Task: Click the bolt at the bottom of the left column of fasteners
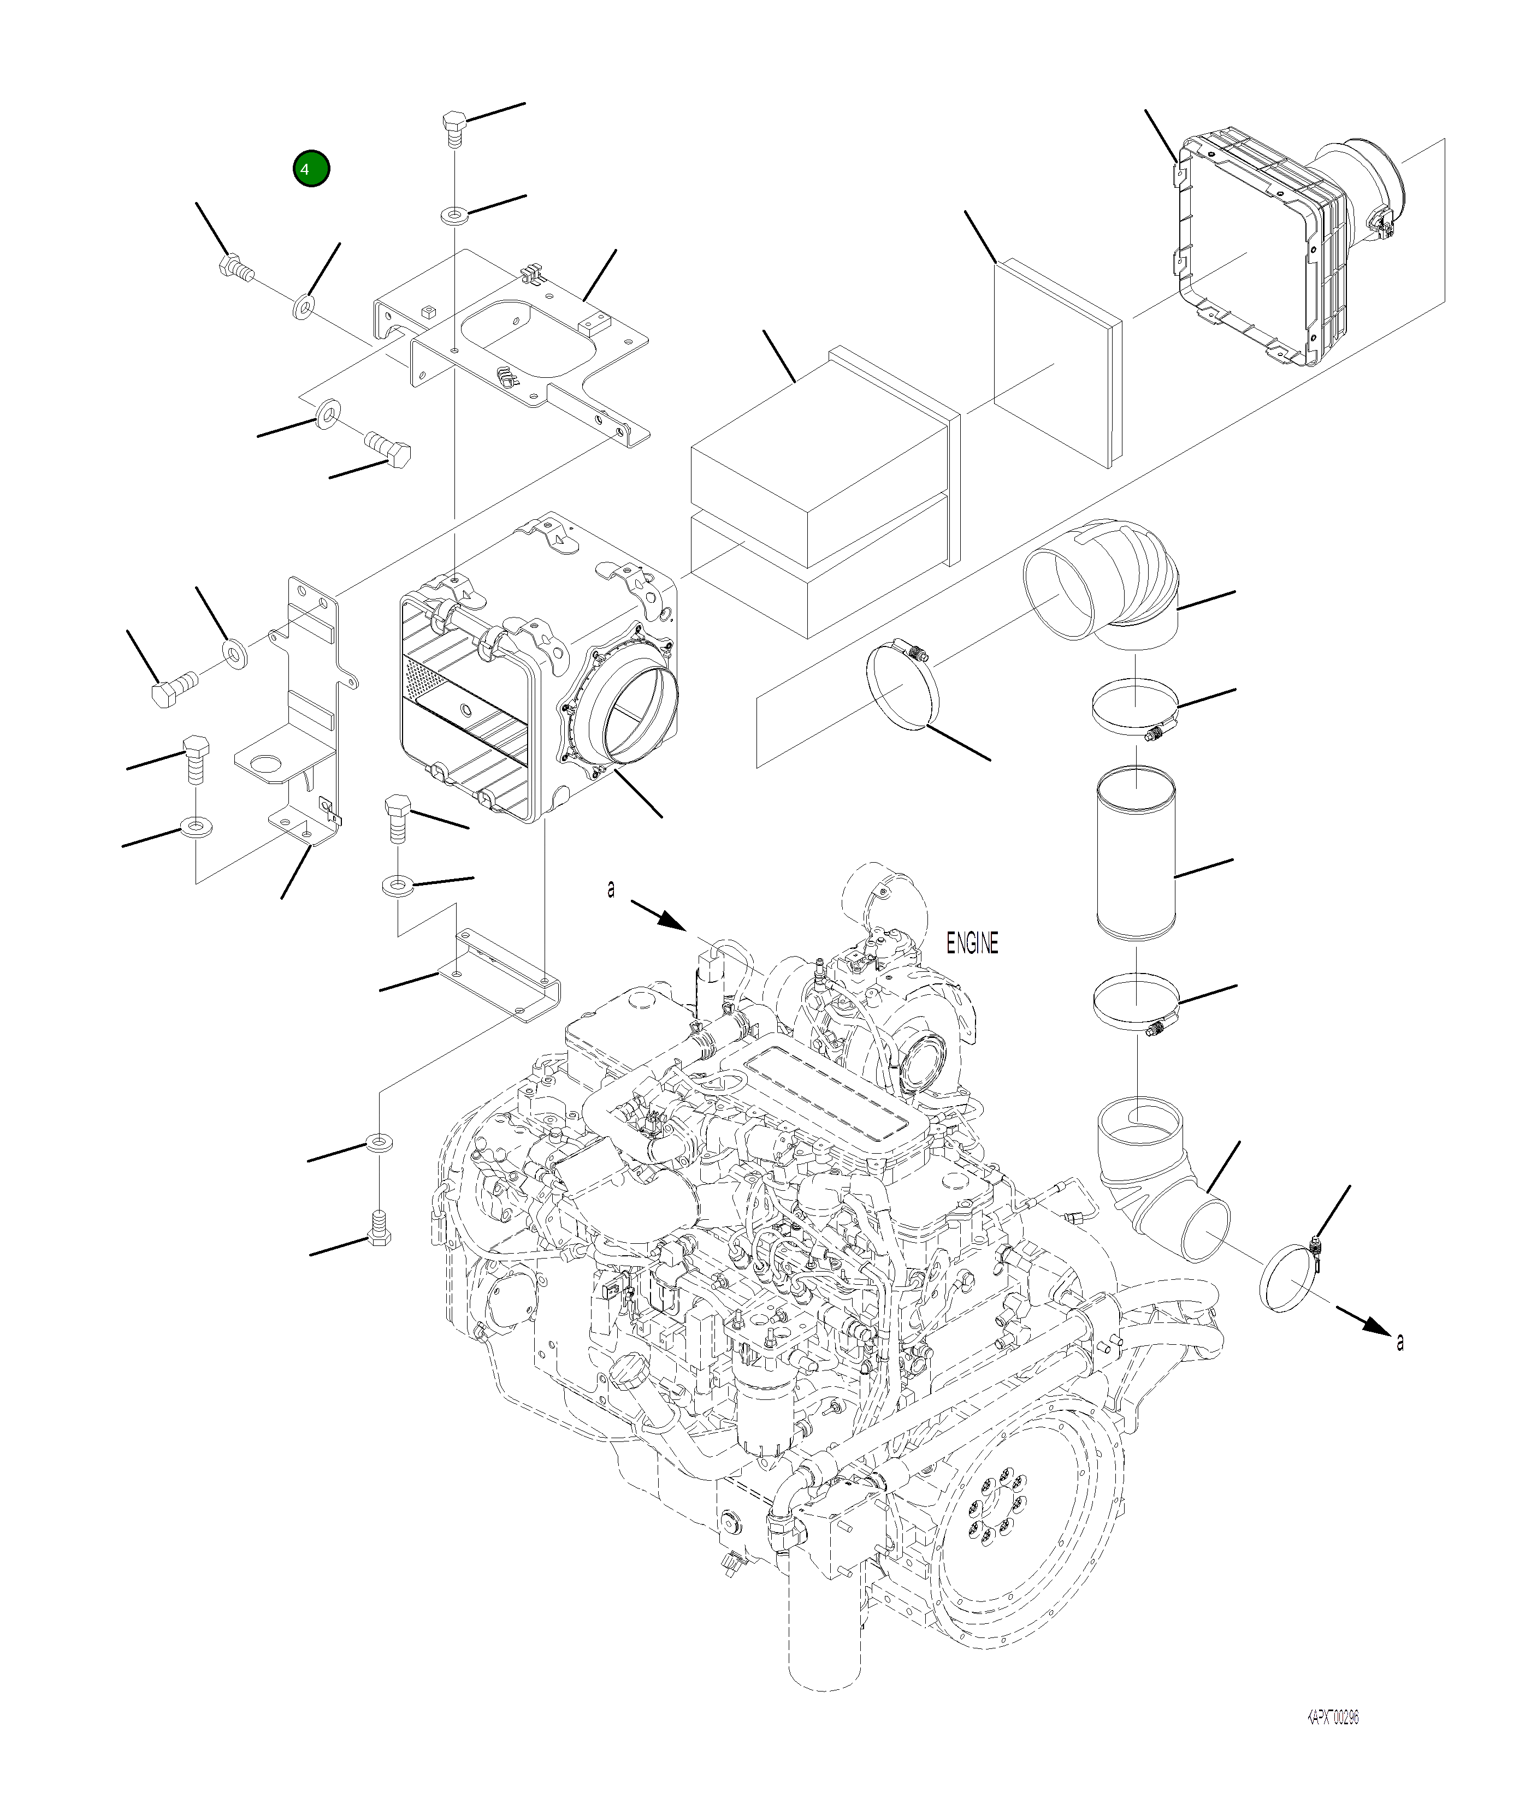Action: (x=379, y=1238)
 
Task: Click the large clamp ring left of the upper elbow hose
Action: (x=903, y=681)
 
